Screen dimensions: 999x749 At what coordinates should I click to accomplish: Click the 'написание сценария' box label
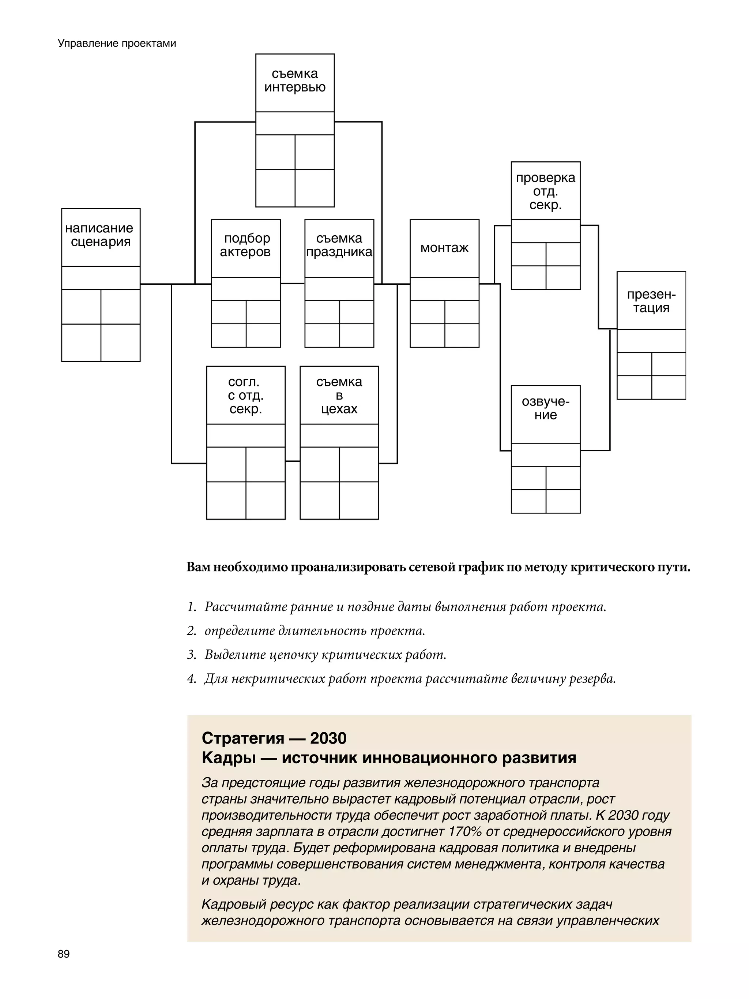pos(100,235)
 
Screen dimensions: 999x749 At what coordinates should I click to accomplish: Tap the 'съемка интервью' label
pos(295,81)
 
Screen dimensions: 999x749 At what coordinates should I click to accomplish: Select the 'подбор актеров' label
pos(246,245)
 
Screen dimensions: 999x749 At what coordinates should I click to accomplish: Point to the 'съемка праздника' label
pos(339,245)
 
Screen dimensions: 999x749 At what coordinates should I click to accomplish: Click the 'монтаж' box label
pos(444,248)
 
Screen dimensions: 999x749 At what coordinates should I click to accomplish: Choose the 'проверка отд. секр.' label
pos(545,191)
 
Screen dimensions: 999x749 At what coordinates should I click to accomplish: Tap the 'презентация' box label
pos(651,301)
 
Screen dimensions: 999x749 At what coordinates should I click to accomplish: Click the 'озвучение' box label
pos(545,408)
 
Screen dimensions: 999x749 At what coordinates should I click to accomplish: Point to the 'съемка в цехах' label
pos(339,395)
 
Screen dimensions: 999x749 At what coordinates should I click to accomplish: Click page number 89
pos(64,954)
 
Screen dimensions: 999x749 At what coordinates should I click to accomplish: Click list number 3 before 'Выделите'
pos(191,654)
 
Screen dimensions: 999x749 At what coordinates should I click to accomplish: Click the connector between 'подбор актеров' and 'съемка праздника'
pos(293,284)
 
